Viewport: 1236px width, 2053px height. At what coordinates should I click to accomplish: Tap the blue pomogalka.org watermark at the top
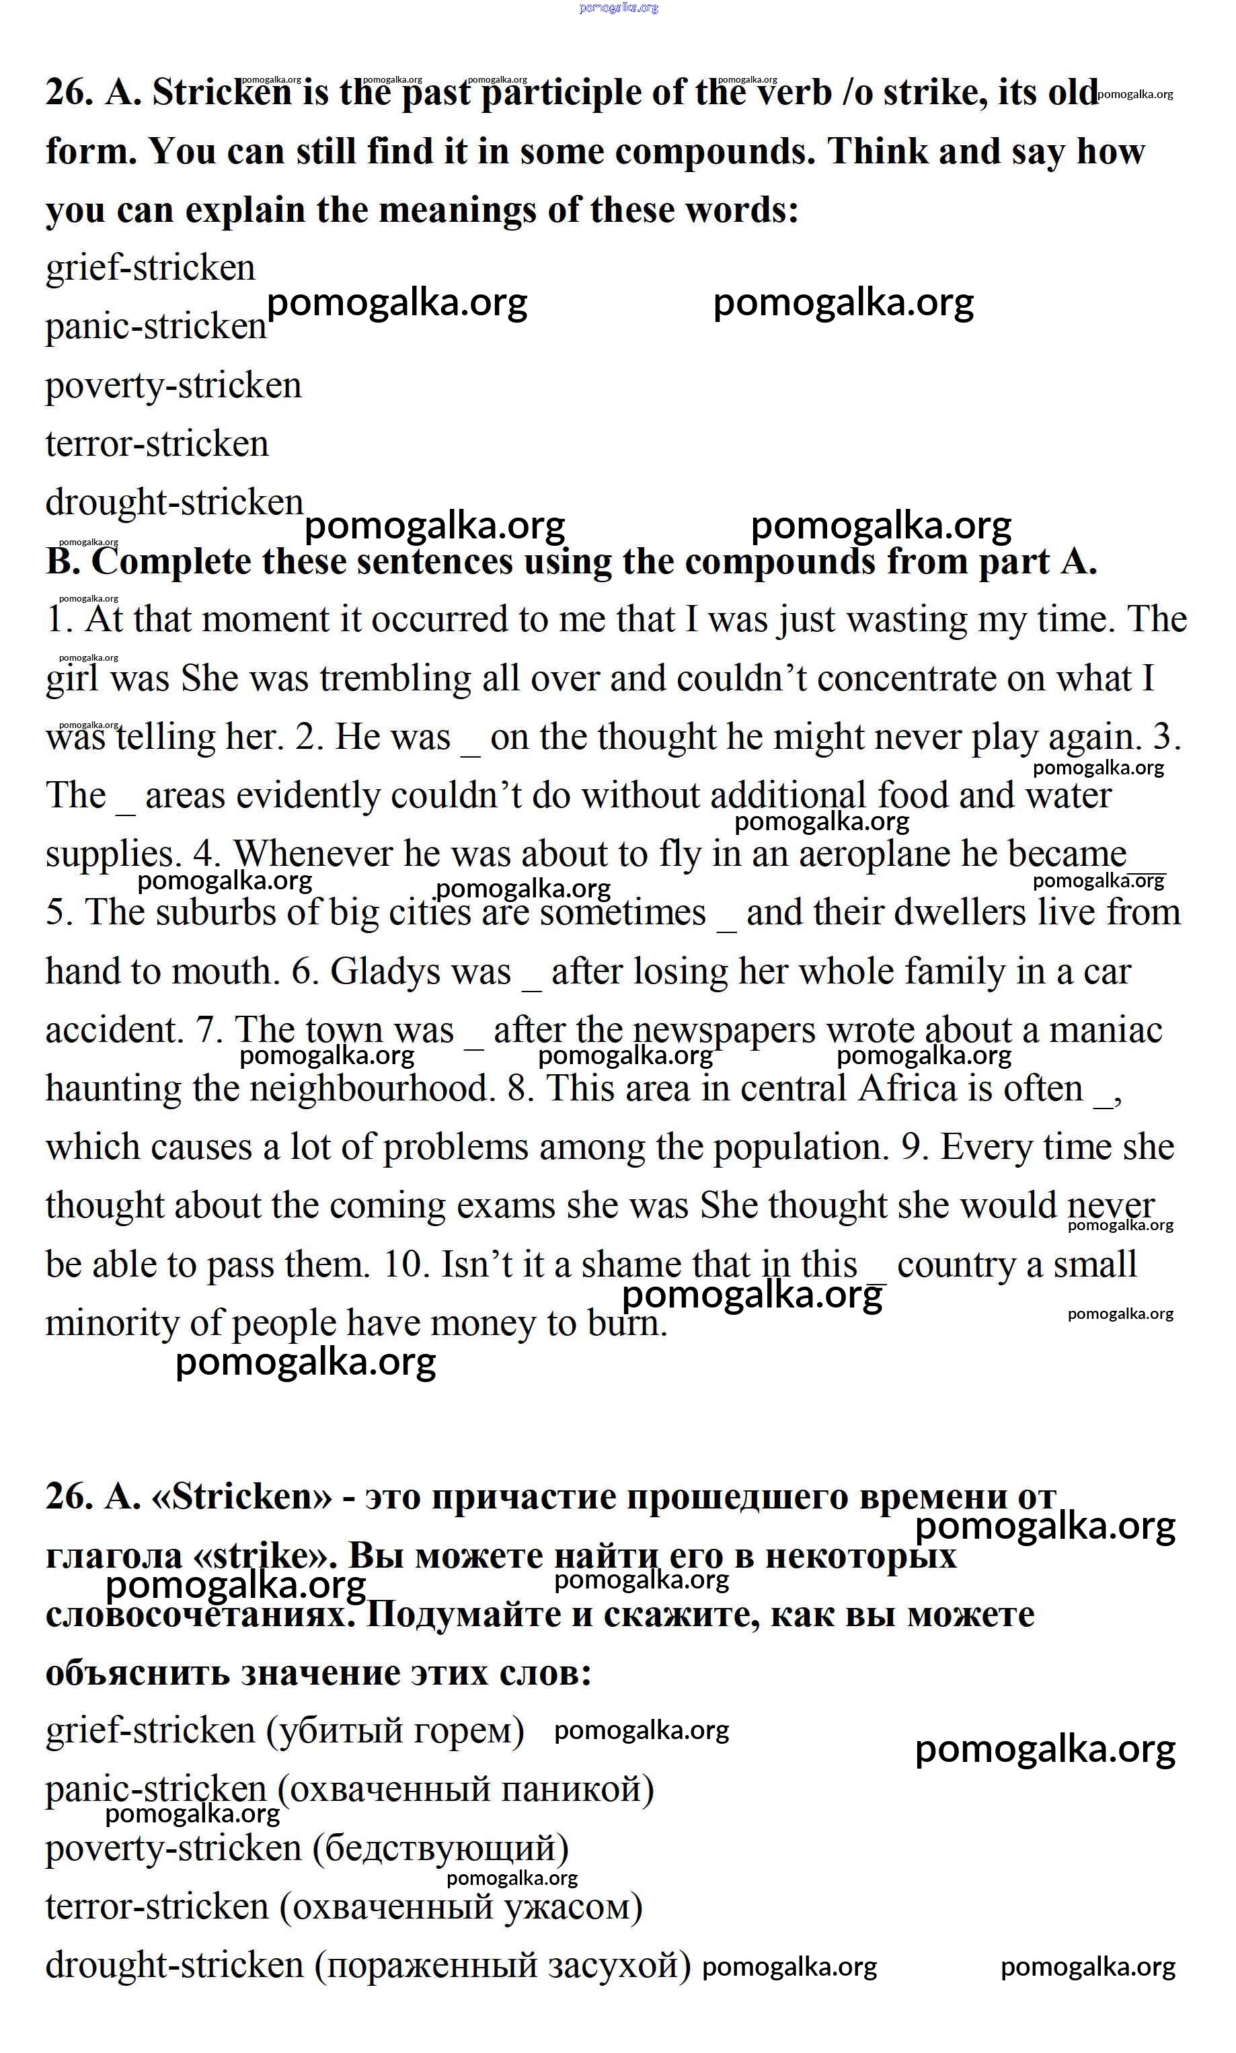[x=619, y=7]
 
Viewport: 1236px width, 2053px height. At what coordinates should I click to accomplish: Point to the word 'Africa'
[x=907, y=1088]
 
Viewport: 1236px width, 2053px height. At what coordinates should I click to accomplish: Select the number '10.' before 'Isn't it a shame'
[x=405, y=1264]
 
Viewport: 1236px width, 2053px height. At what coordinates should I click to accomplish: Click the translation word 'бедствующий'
[x=441, y=1848]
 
